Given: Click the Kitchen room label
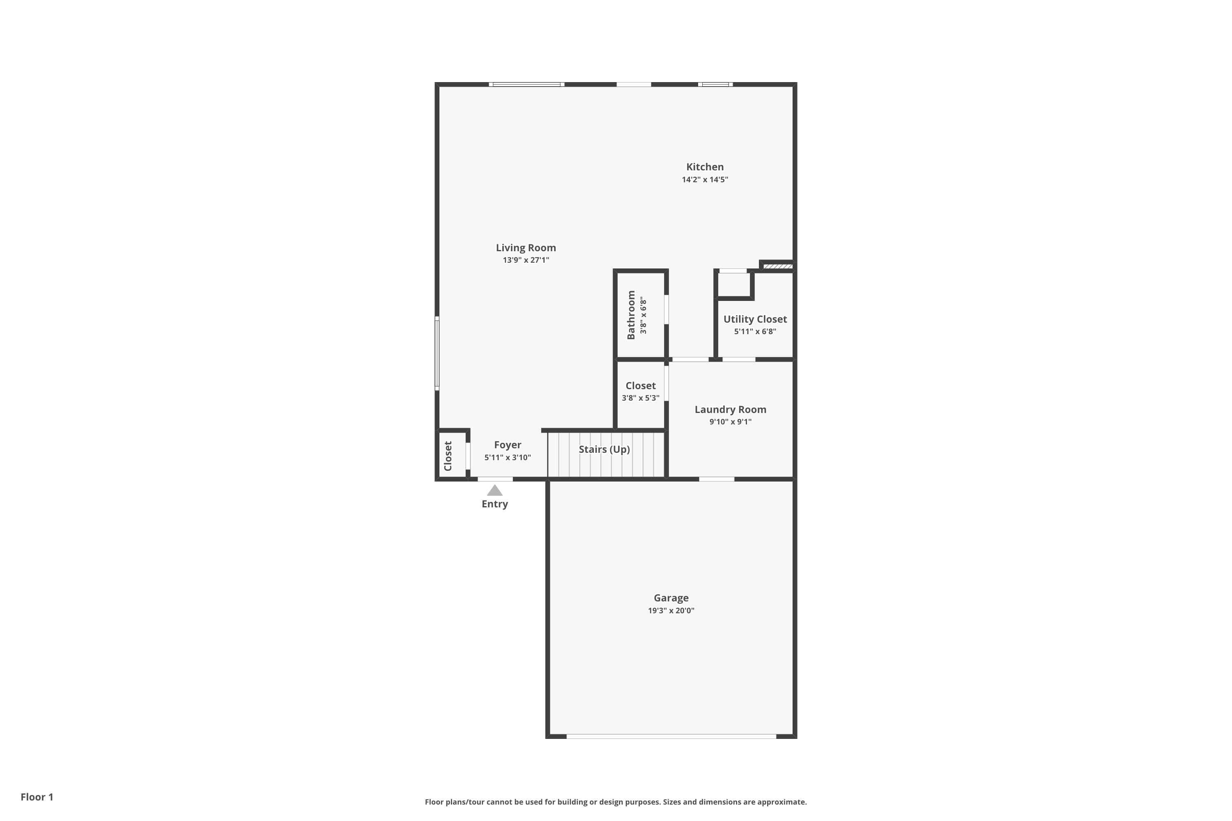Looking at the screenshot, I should pos(705,167).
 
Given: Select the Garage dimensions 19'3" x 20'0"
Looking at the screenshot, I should pos(671,610).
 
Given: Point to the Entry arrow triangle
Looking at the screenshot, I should pos(494,491).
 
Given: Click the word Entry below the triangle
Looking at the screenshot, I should pos(494,504).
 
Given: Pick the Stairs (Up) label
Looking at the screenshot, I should pos(604,449).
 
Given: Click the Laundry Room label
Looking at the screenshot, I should pos(730,409).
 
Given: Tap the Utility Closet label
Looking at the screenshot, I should pos(755,319).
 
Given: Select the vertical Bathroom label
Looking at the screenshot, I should pos(631,315).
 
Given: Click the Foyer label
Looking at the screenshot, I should pos(507,445).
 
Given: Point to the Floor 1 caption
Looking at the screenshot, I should pos(37,797).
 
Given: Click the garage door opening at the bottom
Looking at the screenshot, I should pos(671,736).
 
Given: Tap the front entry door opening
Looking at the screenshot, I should pos(494,479).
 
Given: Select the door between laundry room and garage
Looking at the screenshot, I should pos(716,479).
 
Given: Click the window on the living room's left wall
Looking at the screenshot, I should pos(437,353).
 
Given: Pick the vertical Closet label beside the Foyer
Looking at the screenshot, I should pos(448,456).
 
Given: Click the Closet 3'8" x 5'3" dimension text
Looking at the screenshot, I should pos(640,398).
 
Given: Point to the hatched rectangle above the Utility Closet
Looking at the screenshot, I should pos(777,266).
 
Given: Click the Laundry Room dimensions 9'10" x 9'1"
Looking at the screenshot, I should pos(730,422).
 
